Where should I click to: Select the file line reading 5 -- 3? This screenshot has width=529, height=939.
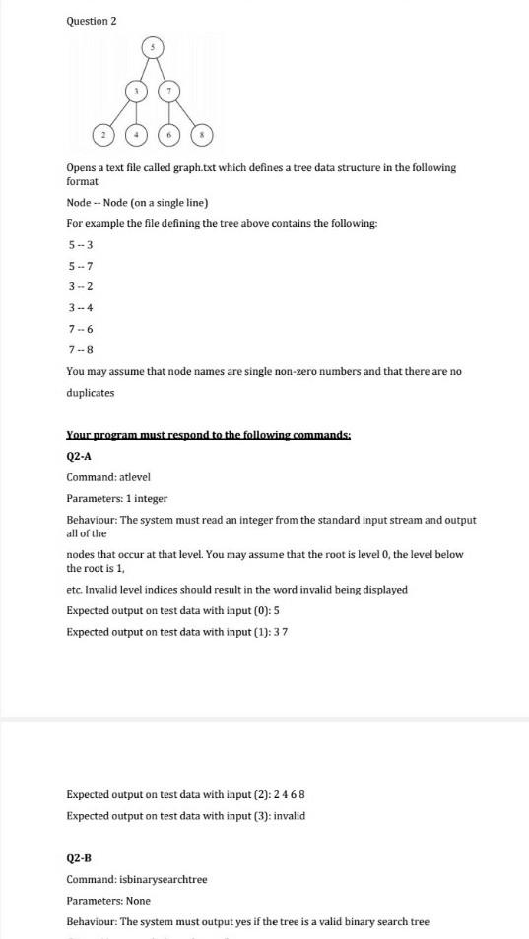click(81, 244)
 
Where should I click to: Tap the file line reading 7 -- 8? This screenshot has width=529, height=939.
click(81, 349)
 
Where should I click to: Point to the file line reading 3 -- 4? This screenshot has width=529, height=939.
click(81, 307)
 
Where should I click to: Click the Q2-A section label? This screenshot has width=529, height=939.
click(79, 456)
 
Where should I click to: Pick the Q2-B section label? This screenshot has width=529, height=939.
click(79, 857)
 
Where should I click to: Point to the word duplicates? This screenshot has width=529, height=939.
click(90, 392)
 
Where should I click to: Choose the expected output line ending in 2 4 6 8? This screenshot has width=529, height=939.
click(192, 794)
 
